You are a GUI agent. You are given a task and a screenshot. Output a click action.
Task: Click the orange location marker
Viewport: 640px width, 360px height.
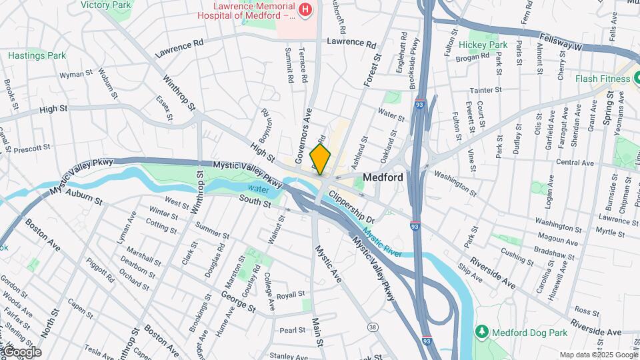click(320, 159)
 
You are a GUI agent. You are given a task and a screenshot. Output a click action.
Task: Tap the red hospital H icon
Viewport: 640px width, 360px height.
click(305, 9)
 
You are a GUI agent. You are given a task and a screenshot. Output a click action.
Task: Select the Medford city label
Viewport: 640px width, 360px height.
click(383, 178)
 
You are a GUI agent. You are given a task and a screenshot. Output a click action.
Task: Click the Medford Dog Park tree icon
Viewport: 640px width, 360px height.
click(481, 331)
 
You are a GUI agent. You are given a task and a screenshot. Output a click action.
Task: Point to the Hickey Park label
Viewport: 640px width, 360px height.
click(487, 45)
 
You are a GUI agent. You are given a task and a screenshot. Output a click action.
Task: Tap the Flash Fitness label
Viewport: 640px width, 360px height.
click(603, 79)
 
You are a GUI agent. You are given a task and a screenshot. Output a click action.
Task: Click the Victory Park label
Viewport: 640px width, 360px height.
click(105, 5)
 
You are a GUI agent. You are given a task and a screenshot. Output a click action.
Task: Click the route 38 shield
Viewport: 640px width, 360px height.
click(373, 327)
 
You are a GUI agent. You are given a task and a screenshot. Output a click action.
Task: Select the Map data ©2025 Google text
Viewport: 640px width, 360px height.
click(598, 355)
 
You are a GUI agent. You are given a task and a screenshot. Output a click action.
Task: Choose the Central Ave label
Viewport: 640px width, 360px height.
click(574, 163)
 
